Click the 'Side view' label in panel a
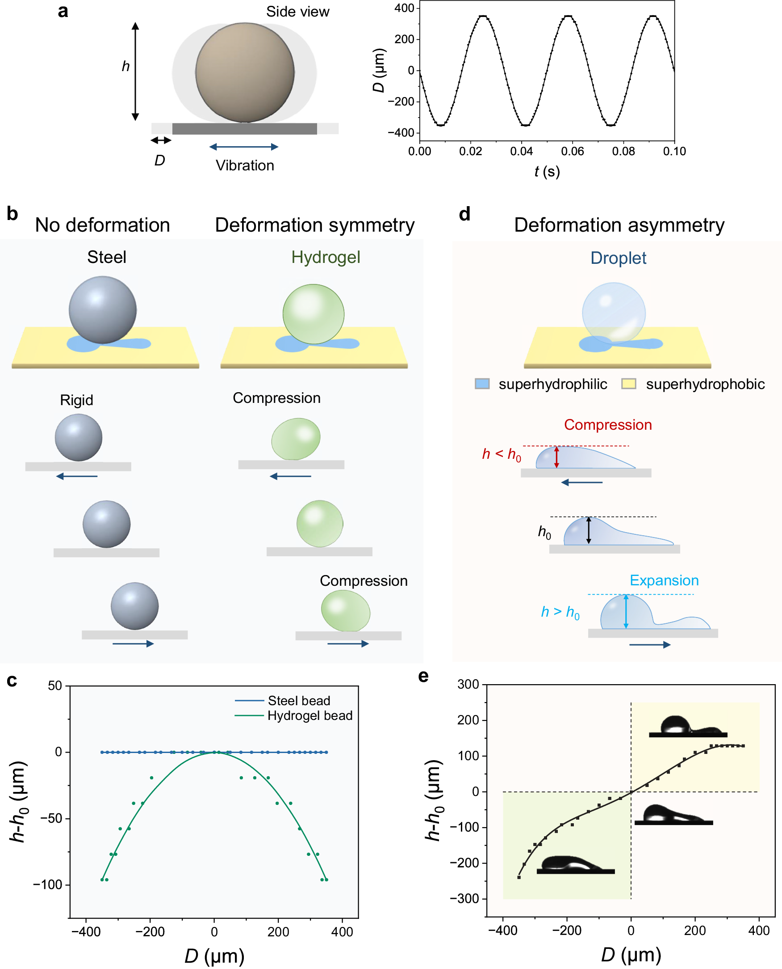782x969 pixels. pyautogui.click(x=297, y=12)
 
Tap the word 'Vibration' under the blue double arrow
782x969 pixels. pyautogui.click(x=245, y=165)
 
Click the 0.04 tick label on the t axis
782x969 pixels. pyautogui.click(x=521, y=152)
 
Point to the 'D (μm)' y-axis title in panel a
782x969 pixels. pyautogui.click(x=379, y=70)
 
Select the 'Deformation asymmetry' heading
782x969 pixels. pyautogui.click(x=619, y=225)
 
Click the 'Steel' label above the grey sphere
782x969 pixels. pyautogui.click(x=107, y=258)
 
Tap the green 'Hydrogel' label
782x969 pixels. pyautogui.click(x=325, y=258)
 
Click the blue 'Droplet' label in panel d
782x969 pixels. pyautogui.click(x=618, y=258)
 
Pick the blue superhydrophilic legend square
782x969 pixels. pyautogui.click(x=482, y=384)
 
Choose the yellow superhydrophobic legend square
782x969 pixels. pyautogui.click(x=628, y=384)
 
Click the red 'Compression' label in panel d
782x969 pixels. pyautogui.click(x=608, y=425)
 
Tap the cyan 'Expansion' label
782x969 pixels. pyautogui.click(x=664, y=580)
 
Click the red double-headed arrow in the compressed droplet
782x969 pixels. pyautogui.click(x=557, y=457)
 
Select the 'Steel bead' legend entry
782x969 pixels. pyautogui.click(x=299, y=701)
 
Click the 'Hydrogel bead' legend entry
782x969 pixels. pyautogui.click(x=309, y=715)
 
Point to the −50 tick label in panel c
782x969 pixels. pyautogui.click(x=51, y=818)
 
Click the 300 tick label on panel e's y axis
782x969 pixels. pyautogui.click(x=468, y=685)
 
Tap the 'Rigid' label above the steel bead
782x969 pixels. pyautogui.click(x=76, y=400)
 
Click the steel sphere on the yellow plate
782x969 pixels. pyautogui.click(x=103, y=310)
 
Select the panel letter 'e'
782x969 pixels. pyautogui.click(x=423, y=677)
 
